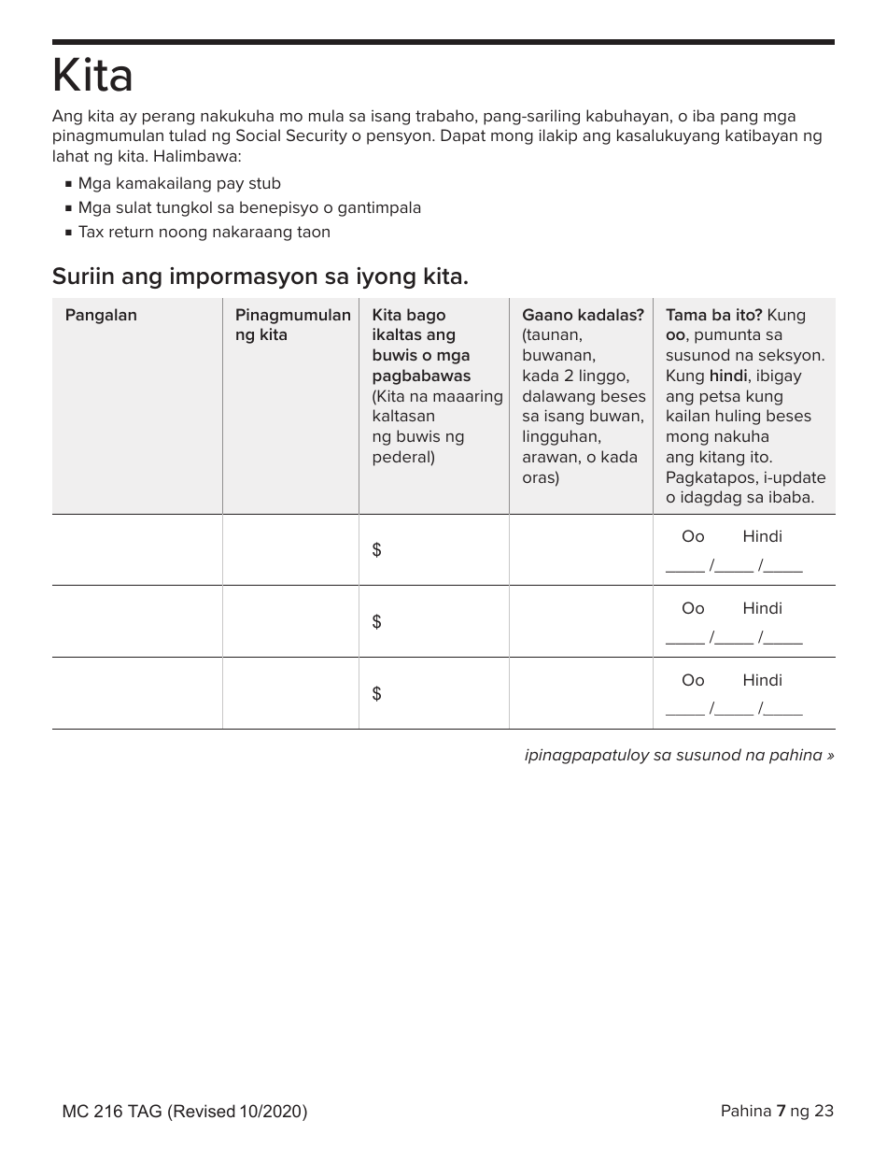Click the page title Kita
(92, 77)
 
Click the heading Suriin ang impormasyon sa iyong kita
(260, 277)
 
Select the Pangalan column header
(101, 315)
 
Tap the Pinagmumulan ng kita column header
(292, 325)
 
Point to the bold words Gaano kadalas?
(583, 315)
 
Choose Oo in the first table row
(693, 536)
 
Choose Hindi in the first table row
(762, 536)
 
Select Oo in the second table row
(693, 608)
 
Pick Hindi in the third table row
(762, 680)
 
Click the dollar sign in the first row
(376, 550)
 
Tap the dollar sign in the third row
(376, 693)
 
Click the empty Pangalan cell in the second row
(137, 621)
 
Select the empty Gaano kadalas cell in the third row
(580, 693)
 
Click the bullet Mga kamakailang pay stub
(179, 184)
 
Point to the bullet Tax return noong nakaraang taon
(204, 233)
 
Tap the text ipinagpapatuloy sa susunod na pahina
(679, 755)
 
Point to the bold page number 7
(781, 1111)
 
